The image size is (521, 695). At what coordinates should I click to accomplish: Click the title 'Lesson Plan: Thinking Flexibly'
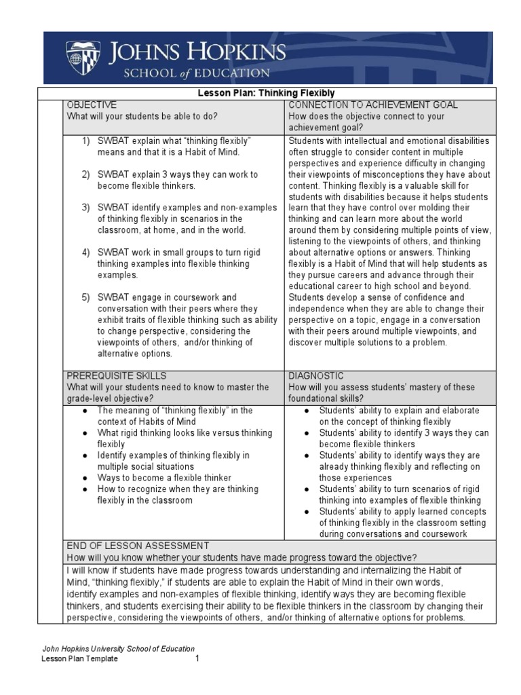tap(256, 93)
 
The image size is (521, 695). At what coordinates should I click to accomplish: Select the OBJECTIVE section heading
tap(92, 105)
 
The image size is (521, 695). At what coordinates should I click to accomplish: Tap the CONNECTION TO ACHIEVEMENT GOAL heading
tap(373, 105)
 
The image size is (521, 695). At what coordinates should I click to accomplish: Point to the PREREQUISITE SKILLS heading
tap(116, 376)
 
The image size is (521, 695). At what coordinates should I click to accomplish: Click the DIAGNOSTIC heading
tap(316, 376)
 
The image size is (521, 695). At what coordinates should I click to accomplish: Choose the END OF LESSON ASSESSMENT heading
tap(138, 546)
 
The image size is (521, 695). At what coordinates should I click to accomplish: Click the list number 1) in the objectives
tap(86, 140)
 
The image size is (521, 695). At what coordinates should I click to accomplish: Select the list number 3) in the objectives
tap(86, 207)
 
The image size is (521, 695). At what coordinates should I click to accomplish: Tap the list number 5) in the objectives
tap(86, 297)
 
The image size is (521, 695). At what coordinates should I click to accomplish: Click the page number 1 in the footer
tap(197, 658)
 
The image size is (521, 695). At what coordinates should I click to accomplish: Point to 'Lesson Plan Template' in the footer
tap(80, 658)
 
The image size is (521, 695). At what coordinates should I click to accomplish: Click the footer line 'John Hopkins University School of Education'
tap(119, 649)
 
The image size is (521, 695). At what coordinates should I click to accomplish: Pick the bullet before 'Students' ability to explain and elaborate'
tap(307, 411)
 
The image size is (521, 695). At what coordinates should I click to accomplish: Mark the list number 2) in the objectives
tap(86, 174)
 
